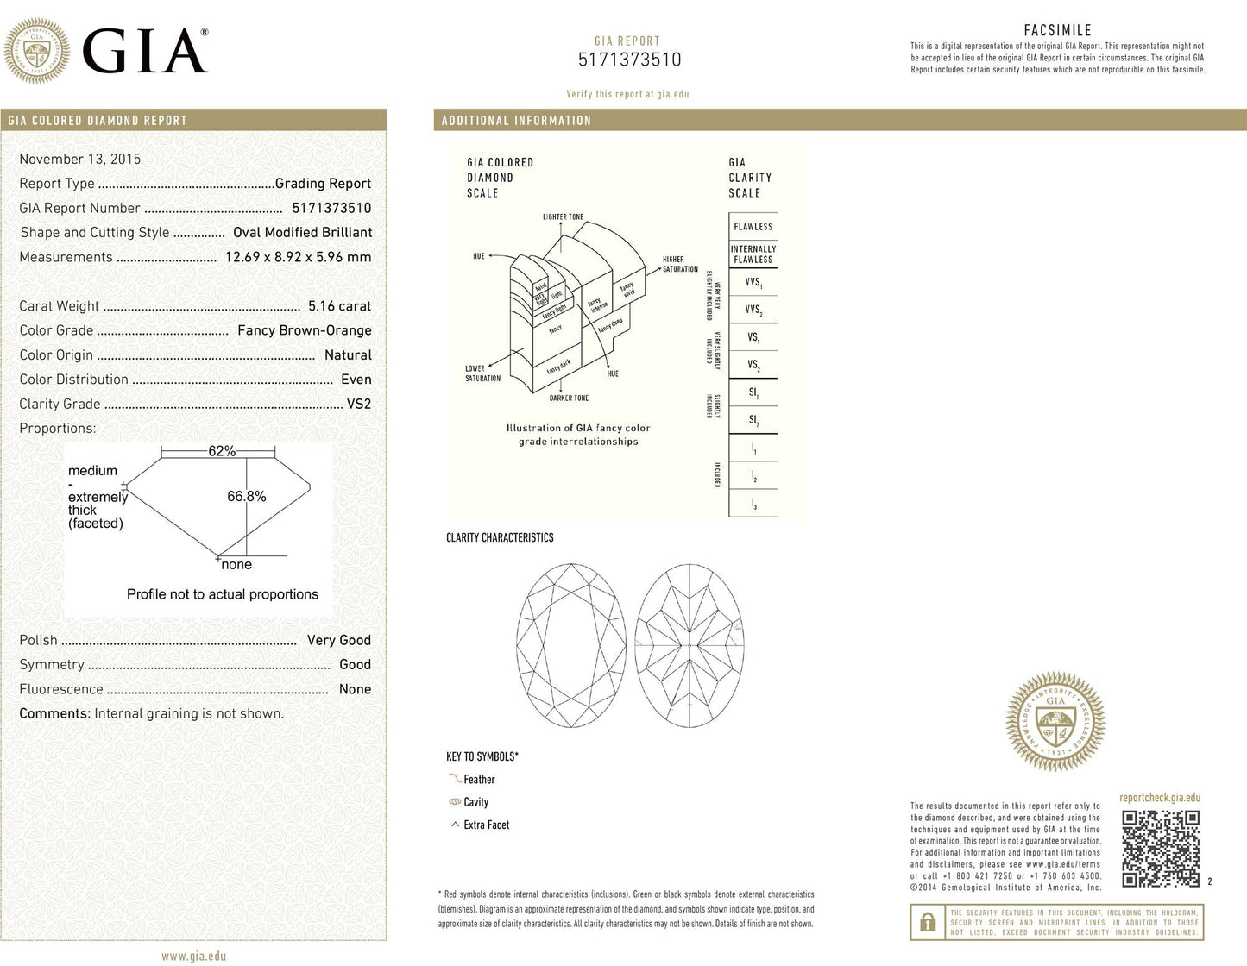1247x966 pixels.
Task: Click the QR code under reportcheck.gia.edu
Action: [x=1161, y=848]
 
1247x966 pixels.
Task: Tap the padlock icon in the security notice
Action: [x=928, y=922]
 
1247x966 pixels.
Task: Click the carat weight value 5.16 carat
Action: [x=339, y=306]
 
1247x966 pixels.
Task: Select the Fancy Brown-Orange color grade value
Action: [x=305, y=330]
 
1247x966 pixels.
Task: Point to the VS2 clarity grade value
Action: [x=359, y=404]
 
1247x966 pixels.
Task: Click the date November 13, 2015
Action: [x=79, y=159]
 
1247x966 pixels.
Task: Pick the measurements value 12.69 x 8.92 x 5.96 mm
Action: [x=298, y=257]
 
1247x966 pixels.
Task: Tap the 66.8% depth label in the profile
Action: [x=247, y=497]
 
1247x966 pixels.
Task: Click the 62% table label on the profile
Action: [x=222, y=451]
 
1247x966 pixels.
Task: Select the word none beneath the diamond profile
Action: [x=236, y=565]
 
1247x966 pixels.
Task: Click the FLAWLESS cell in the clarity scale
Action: [x=753, y=227]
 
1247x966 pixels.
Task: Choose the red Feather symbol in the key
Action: [x=455, y=779]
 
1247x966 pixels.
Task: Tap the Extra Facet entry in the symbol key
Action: [x=486, y=825]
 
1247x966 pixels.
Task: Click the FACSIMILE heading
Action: [x=1057, y=30]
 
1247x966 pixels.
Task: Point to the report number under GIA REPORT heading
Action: [x=629, y=60]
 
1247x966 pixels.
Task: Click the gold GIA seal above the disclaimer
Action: [x=1055, y=721]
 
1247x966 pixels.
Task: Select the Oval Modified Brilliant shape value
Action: [x=302, y=233]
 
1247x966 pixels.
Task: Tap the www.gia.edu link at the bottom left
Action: [x=193, y=956]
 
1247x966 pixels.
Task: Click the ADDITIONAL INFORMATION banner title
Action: [x=516, y=121]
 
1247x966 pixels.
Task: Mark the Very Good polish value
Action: [x=338, y=640]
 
